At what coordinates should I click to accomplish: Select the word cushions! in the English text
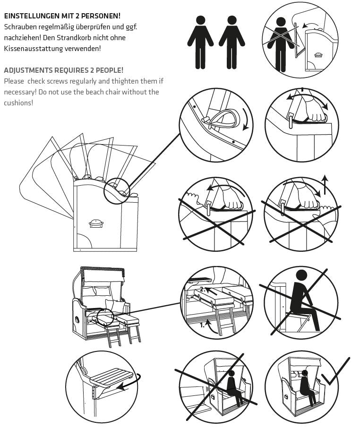pyautogui.click(x=18, y=103)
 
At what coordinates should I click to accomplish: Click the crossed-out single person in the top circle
pyautogui.click(x=281, y=45)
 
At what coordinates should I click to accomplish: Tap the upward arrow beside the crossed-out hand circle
pyautogui.click(x=325, y=184)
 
